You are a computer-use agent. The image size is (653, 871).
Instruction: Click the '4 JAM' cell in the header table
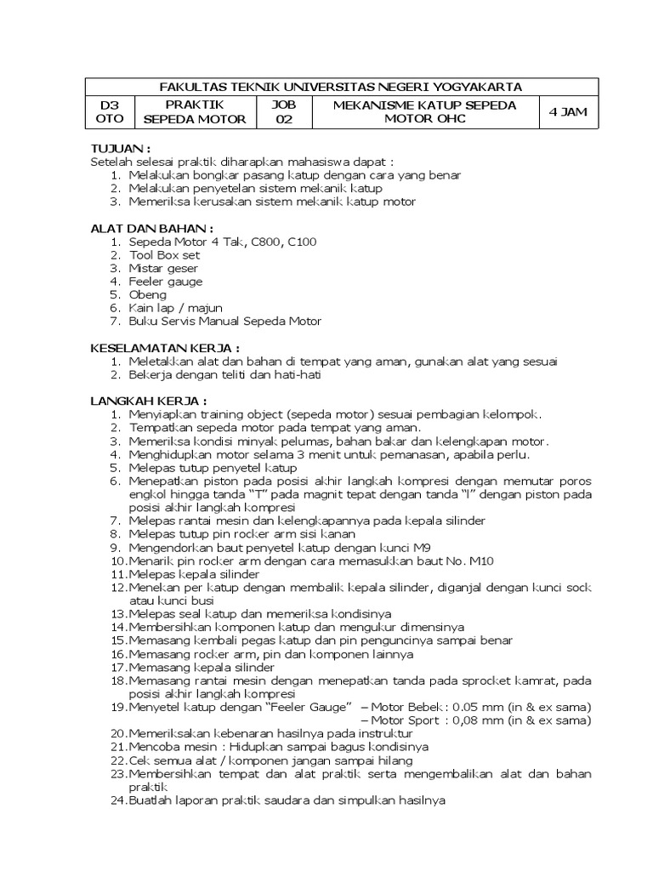(x=568, y=111)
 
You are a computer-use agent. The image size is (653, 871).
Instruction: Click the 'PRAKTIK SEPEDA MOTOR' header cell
(x=194, y=111)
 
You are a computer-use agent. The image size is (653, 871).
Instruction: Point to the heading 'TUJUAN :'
(x=120, y=148)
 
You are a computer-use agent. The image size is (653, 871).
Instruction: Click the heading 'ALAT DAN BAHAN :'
(x=151, y=228)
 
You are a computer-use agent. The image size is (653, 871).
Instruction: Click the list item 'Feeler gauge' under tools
(x=166, y=282)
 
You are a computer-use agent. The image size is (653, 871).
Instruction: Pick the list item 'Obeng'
(x=147, y=294)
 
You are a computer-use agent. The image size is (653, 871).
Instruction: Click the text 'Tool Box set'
(x=165, y=254)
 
